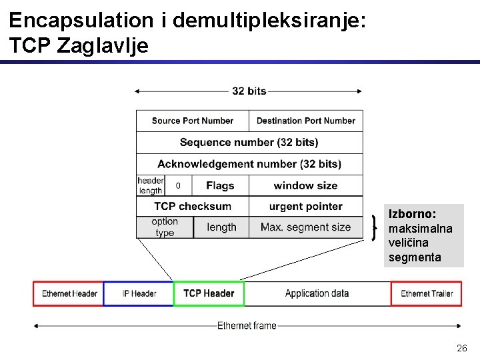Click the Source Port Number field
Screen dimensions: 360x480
coord(192,121)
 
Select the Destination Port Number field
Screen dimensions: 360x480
coord(306,121)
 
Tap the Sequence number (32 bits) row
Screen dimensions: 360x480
coord(249,142)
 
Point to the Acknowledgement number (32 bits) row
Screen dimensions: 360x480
coord(249,164)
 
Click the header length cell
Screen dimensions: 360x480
coord(150,185)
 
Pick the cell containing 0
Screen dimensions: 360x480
coord(178,185)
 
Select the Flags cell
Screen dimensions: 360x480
coord(220,185)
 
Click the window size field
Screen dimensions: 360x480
coord(306,185)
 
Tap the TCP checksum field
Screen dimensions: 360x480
coord(192,206)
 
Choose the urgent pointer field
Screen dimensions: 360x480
coord(306,206)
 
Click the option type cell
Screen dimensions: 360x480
coord(165,227)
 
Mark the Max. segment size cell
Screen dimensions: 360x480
coord(306,227)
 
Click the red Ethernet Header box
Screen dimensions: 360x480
coord(69,293)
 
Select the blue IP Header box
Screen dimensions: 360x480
coord(139,293)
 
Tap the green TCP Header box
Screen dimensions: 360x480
coord(209,293)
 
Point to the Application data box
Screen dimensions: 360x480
coord(317,293)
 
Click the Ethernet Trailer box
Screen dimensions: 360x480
coord(427,293)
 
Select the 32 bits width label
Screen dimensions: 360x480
coord(249,91)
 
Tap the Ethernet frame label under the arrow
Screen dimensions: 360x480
coord(247,326)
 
